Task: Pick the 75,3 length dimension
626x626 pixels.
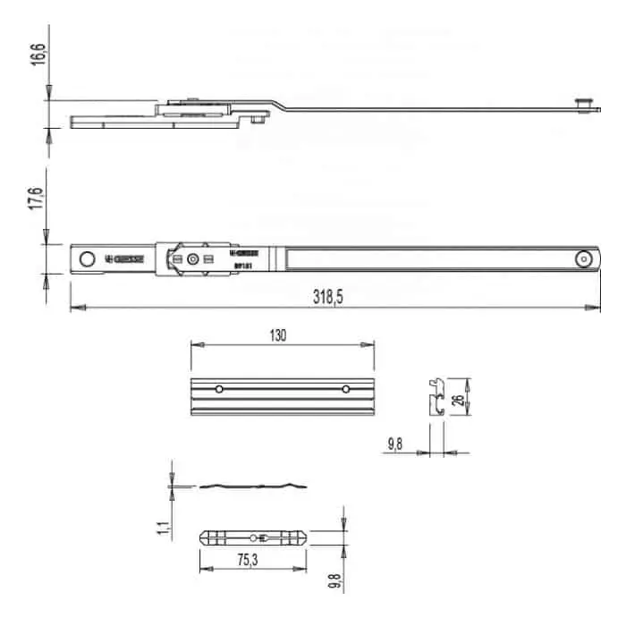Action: coord(224,561)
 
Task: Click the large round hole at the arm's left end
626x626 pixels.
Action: coord(87,258)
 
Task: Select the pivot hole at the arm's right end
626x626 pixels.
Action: coord(583,258)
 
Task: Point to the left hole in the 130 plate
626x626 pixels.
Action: coord(217,389)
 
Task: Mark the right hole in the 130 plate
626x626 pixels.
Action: coord(345,389)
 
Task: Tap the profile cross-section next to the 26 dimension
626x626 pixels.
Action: coord(436,397)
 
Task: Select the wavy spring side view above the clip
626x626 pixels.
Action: coord(254,486)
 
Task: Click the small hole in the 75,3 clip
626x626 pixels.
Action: coord(253,537)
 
